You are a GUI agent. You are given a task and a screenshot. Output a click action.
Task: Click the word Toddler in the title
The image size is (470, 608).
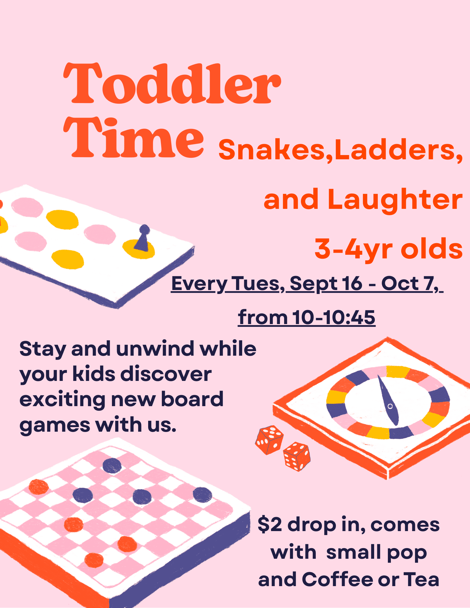[x=172, y=83]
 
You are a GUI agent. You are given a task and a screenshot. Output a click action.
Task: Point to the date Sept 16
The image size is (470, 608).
[x=326, y=284]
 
